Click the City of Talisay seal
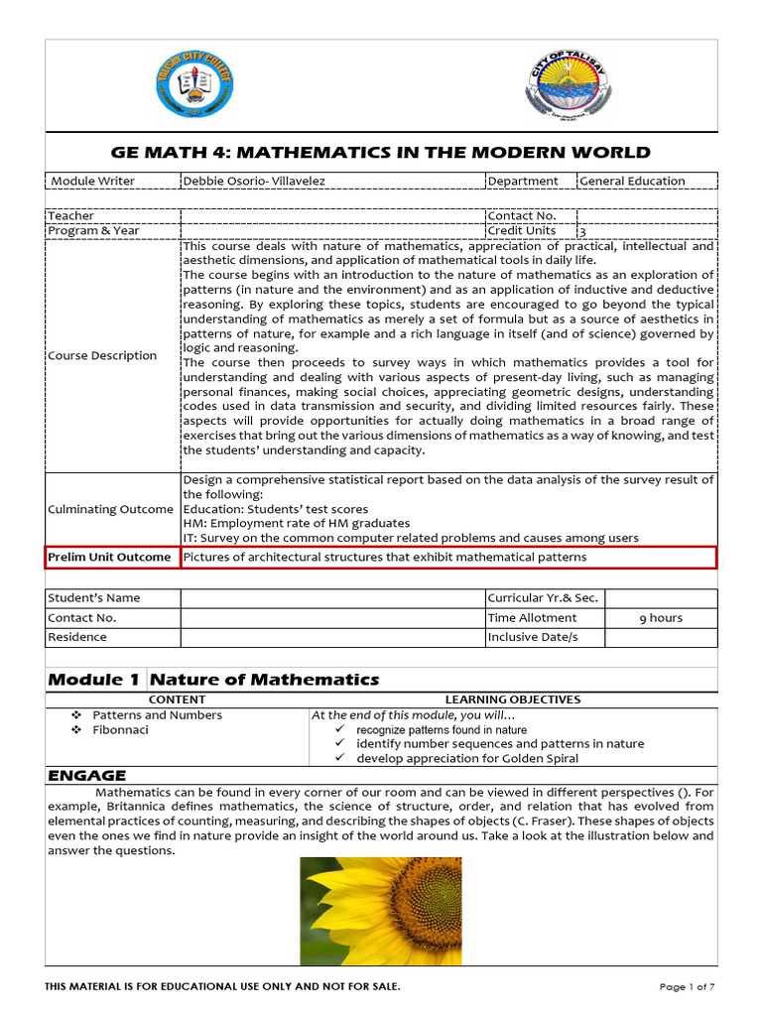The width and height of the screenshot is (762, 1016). pyautogui.click(x=563, y=86)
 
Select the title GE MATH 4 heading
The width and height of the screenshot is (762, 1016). pyautogui.click(x=381, y=152)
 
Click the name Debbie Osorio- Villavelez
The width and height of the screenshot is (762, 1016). pyautogui.click(x=254, y=181)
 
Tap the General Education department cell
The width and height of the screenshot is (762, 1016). pyautogui.click(x=632, y=181)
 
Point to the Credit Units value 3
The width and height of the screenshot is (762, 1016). pyautogui.click(x=583, y=231)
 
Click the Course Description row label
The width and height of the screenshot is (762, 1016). pyautogui.click(x=103, y=355)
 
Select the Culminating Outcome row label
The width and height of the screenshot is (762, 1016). pyautogui.click(x=111, y=509)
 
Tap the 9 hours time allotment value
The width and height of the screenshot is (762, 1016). pyautogui.click(x=660, y=617)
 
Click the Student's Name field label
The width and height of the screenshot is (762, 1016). pyautogui.click(x=95, y=597)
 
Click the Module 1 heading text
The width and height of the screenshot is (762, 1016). pyautogui.click(x=94, y=680)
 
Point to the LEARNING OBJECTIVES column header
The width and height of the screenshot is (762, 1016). pyautogui.click(x=513, y=699)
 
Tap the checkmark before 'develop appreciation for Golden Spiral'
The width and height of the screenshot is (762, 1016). pyautogui.click(x=339, y=758)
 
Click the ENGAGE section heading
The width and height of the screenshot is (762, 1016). pyautogui.click(x=87, y=775)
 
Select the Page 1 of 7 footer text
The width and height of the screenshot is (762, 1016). pyautogui.click(x=687, y=986)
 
